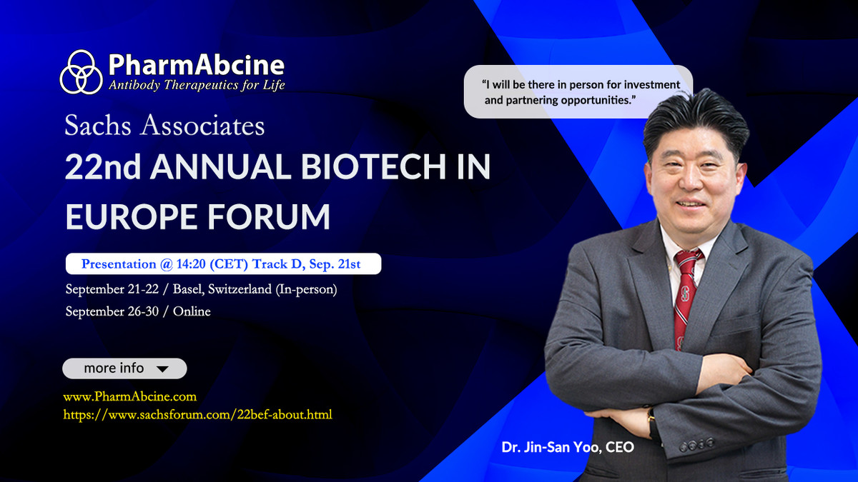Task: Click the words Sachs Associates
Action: pos(164,126)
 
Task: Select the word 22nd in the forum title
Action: pos(100,168)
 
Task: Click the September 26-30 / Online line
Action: pos(138,311)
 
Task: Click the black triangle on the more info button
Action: pos(162,369)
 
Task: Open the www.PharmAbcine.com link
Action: pos(129,396)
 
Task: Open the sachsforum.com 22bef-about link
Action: pos(197,414)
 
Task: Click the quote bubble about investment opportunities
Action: pos(578,91)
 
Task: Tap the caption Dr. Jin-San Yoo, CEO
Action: pos(568,448)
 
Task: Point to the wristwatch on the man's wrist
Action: pos(652,421)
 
